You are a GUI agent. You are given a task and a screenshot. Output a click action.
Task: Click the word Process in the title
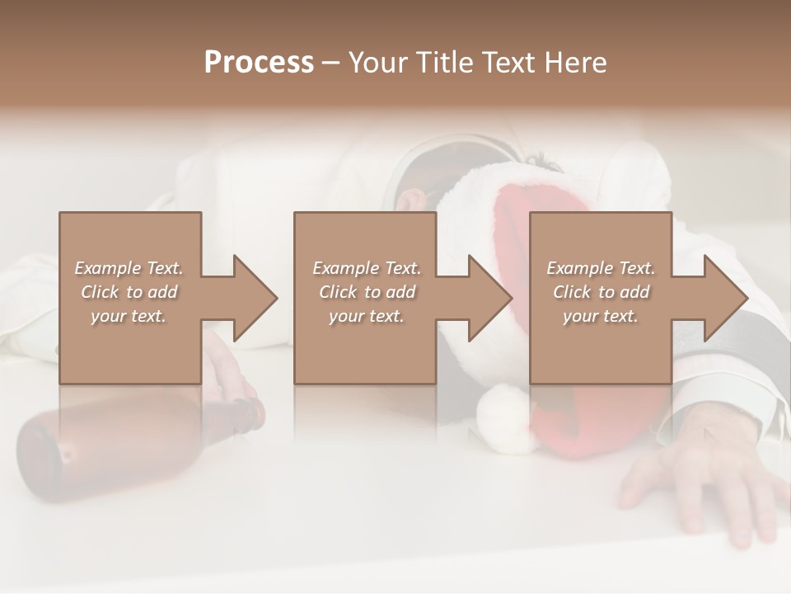pyautogui.click(x=259, y=63)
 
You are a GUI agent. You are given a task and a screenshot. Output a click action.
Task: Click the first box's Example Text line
pyautogui.click(x=129, y=268)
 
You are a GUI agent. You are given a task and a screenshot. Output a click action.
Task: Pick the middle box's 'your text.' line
pyautogui.click(x=366, y=316)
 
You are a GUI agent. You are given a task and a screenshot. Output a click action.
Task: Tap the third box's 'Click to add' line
pyautogui.click(x=601, y=292)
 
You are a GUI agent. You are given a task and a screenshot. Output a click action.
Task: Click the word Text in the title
pyautogui.click(x=511, y=63)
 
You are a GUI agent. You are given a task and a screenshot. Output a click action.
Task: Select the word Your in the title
pyautogui.click(x=377, y=63)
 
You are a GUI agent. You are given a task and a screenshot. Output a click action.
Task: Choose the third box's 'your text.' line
pyautogui.click(x=600, y=316)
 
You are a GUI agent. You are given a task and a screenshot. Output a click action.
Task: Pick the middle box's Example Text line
pyautogui.click(x=366, y=268)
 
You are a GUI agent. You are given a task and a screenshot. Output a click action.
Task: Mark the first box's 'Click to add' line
pyautogui.click(x=129, y=292)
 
